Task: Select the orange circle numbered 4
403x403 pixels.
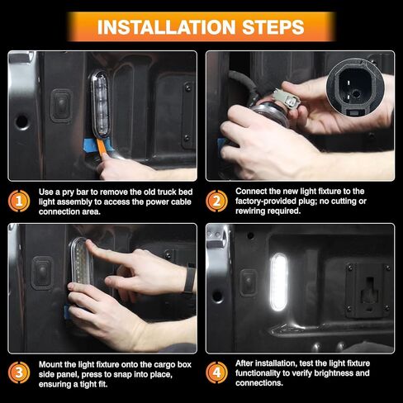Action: tap(214, 371)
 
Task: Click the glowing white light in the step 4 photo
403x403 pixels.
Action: tap(278, 282)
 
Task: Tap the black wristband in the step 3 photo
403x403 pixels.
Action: tap(189, 278)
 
